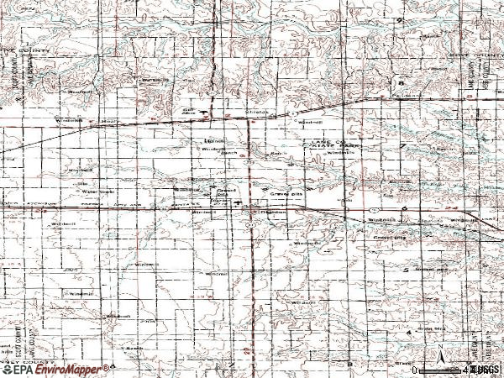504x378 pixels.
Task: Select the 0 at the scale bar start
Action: click(416, 369)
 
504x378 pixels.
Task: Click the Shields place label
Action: click(255, 110)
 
